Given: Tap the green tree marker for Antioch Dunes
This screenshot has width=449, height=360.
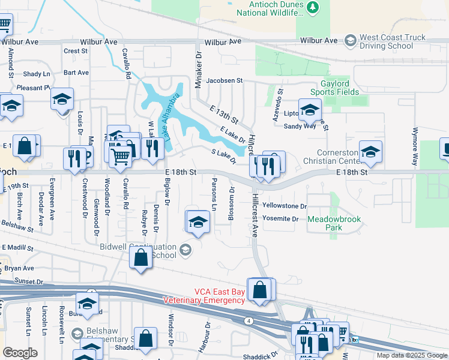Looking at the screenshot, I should (x=312, y=7).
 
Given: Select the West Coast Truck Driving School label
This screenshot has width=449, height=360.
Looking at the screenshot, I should (x=393, y=41).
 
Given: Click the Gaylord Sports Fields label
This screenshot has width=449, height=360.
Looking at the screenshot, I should (x=334, y=87).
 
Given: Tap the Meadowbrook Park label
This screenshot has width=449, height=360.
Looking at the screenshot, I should (x=334, y=223).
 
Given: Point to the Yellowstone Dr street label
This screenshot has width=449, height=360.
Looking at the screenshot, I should (x=285, y=206).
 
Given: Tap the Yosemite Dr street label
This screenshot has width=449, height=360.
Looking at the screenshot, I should (x=280, y=219).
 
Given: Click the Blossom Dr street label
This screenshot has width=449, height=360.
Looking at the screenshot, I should (x=231, y=203).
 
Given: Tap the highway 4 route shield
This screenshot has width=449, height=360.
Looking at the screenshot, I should (x=247, y=322).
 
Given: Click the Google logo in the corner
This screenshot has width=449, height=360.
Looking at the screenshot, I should (x=20, y=353).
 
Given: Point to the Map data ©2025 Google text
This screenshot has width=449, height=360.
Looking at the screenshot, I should (x=411, y=355).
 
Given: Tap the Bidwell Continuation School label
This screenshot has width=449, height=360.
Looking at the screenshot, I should (x=146, y=251).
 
